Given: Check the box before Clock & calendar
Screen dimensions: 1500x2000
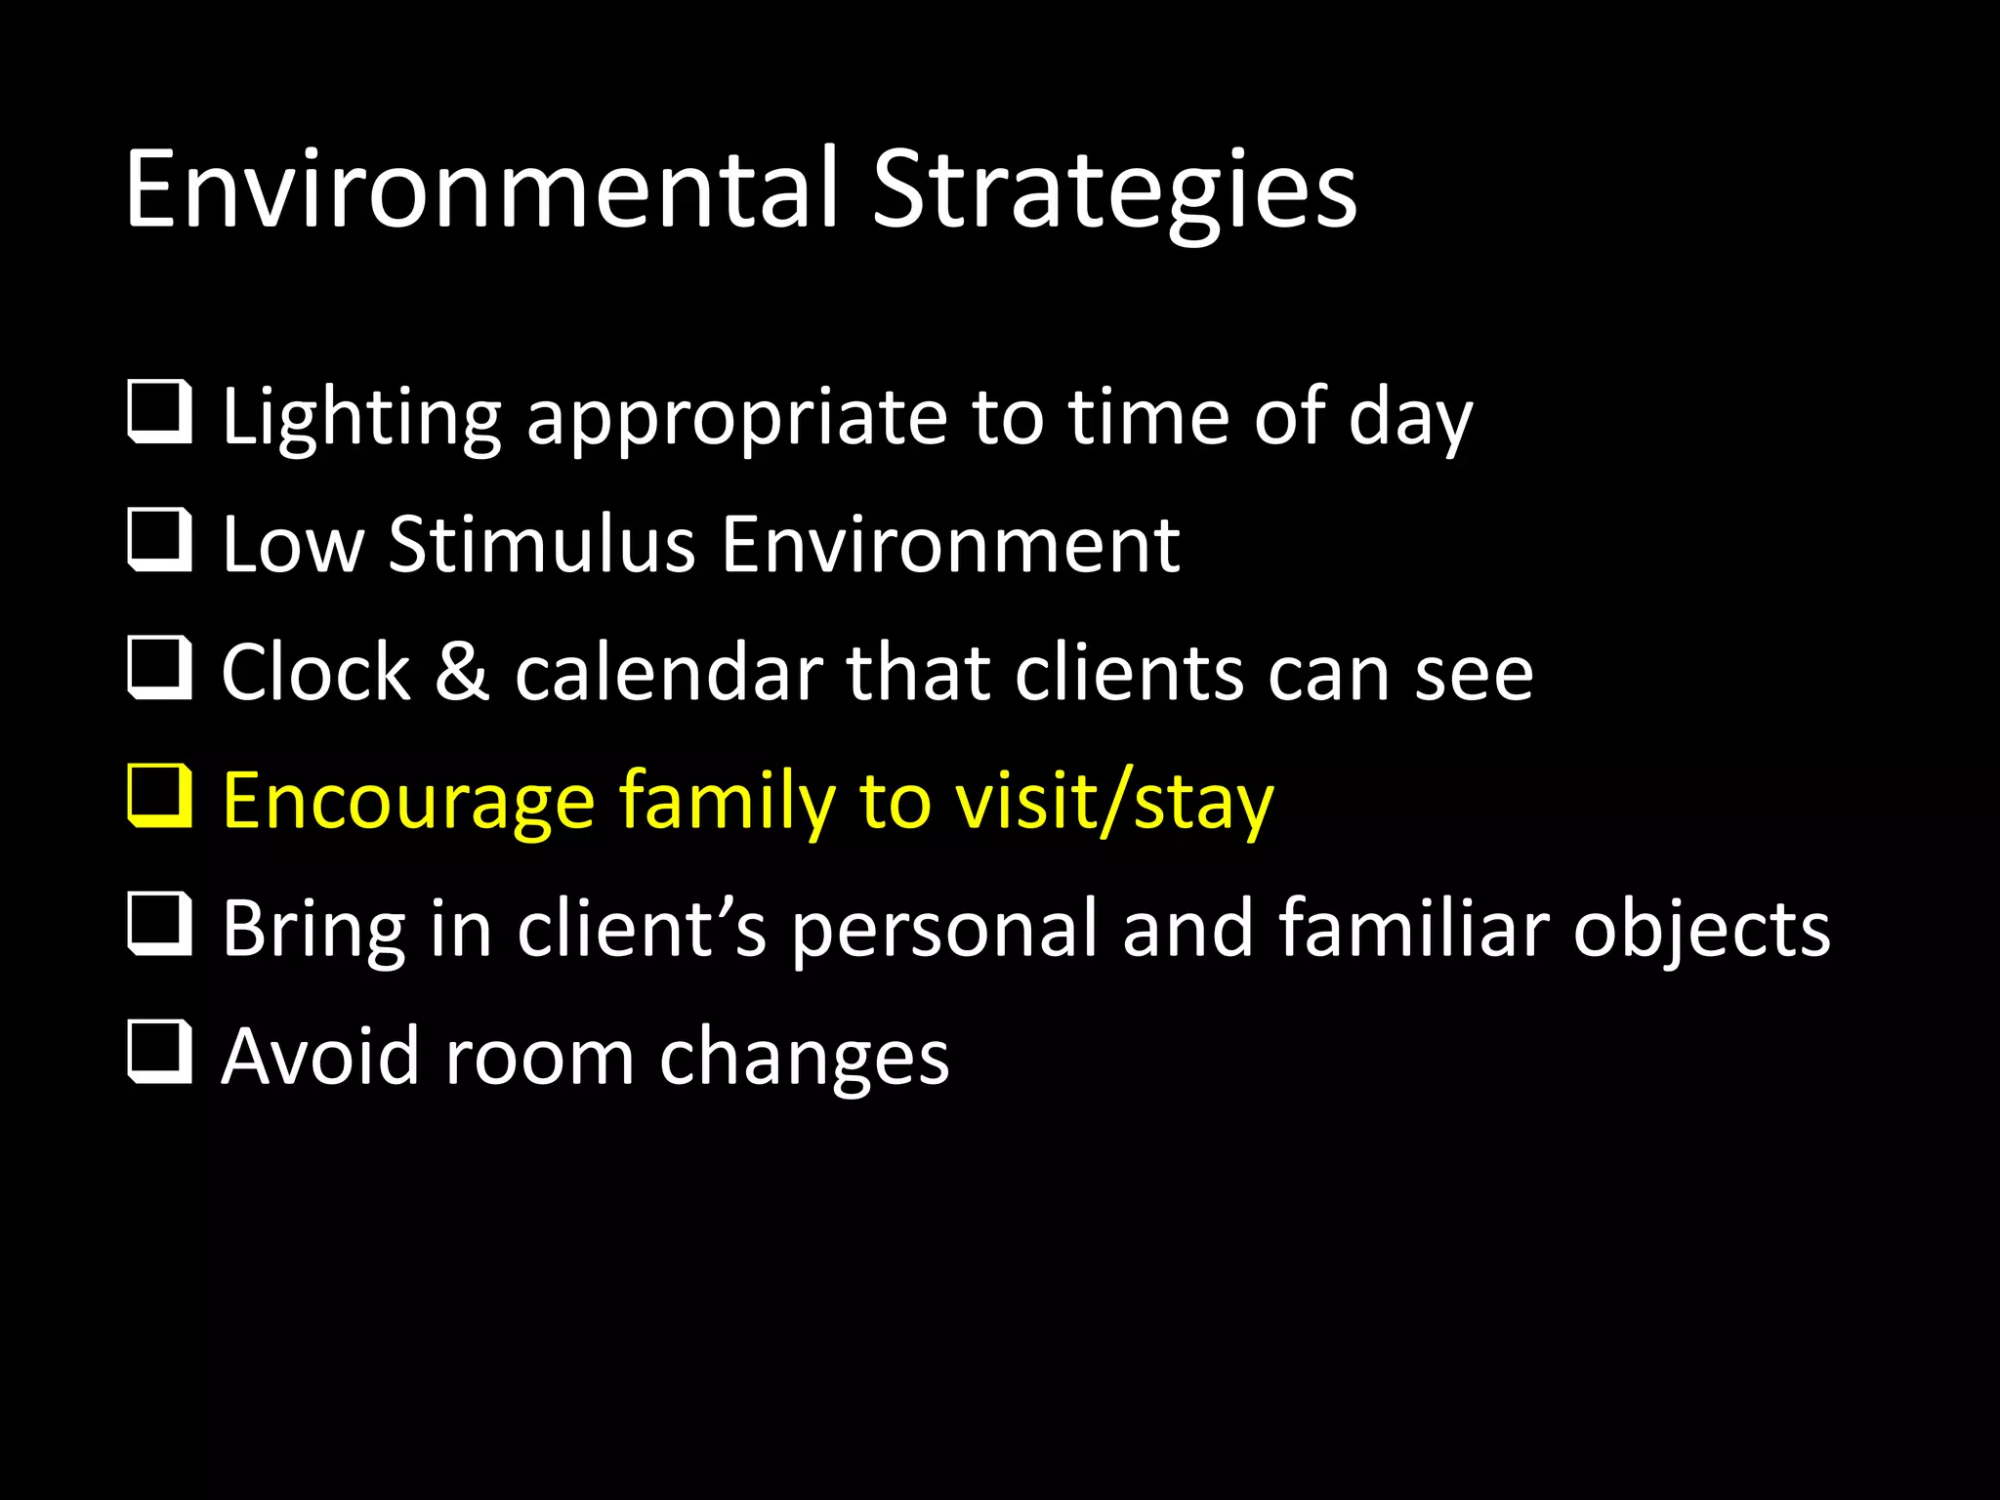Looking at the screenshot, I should (x=159, y=669).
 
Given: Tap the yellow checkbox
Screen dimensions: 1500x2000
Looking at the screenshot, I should (x=159, y=797).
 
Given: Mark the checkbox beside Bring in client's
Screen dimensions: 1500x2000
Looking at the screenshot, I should (x=159, y=925).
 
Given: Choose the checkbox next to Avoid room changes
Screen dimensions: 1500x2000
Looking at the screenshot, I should (x=159, y=1053).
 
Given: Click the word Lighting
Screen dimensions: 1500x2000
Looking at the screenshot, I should (x=361, y=418).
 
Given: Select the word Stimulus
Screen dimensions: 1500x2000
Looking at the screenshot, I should (x=542, y=545).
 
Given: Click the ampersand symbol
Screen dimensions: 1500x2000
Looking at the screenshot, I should (x=462, y=673).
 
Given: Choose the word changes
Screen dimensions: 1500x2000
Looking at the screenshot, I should (x=804, y=1059).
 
